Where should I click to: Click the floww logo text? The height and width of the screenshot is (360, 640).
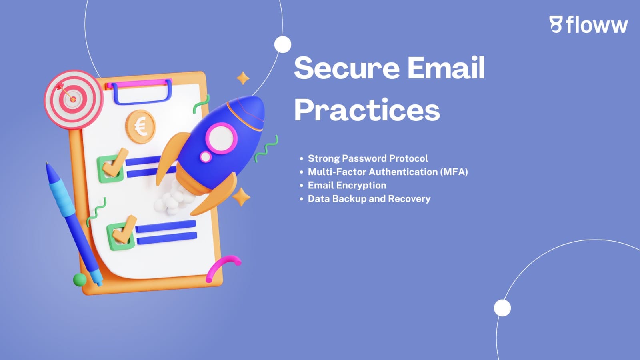[597, 24]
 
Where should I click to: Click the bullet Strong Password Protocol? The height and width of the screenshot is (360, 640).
[368, 158]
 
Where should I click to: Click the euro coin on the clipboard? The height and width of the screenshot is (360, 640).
[140, 126]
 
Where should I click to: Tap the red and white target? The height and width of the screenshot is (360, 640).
[74, 100]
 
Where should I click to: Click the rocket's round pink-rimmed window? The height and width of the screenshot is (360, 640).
[221, 138]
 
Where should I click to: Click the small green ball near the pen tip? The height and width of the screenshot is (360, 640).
[80, 280]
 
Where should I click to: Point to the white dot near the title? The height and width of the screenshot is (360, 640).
[282, 44]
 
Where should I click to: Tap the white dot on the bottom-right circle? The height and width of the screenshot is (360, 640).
[502, 308]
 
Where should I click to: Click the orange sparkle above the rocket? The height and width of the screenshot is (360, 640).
[243, 78]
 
